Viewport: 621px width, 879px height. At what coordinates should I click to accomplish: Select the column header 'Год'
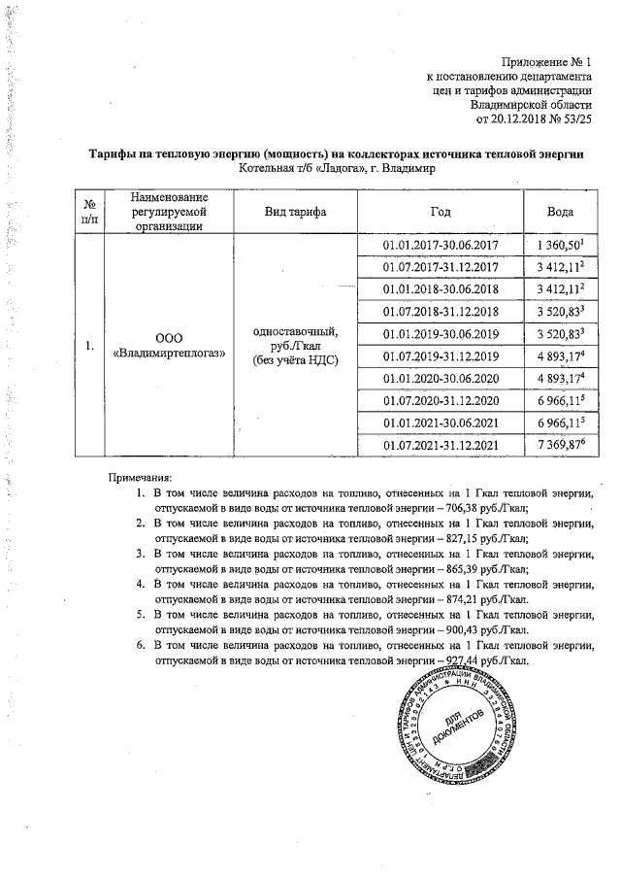tap(441, 212)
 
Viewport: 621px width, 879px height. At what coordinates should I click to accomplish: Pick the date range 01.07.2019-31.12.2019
tap(441, 355)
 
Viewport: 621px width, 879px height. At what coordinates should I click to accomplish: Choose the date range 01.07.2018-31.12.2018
tap(441, 312)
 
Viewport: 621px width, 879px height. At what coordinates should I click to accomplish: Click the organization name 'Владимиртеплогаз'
tap(169, 353)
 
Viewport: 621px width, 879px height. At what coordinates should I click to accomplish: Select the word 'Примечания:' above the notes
tap(139, 478)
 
